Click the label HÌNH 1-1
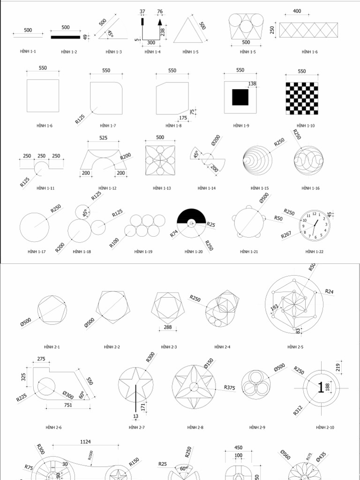[x=28, y=52]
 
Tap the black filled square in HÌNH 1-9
[x=240, y=97]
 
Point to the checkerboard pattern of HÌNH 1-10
[x=301, y=97]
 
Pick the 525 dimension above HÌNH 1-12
[x=104, y=138]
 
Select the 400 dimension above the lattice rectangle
[x=297, y=11]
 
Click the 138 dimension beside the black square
[x=252, y=83]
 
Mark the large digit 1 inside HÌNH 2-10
[x=321, y=387]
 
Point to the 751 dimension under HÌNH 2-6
[x=68, y=405]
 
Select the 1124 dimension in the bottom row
[x=86, y=442]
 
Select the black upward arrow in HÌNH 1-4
[x=160, y=22]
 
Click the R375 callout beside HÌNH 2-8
[x=229, y=387]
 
